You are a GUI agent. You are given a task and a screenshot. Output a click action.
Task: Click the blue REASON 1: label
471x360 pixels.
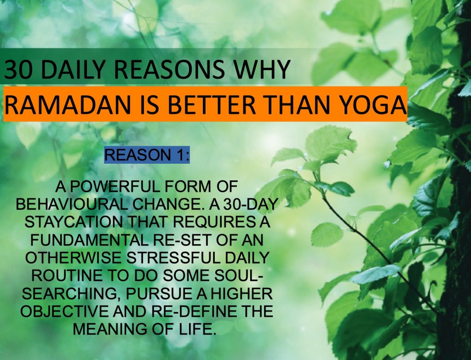[147, 155]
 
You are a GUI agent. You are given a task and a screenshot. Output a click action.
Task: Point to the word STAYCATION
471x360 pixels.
[74, 222]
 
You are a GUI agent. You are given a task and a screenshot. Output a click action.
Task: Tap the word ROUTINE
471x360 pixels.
[67, 275]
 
